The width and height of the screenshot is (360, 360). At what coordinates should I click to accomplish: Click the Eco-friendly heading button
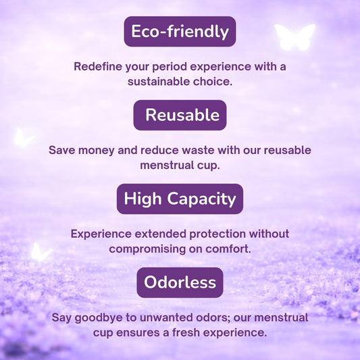point(180,31)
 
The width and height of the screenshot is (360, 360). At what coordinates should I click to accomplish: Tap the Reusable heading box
point(180,115)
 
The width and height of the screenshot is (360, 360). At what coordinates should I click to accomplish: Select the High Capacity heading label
point(180,199)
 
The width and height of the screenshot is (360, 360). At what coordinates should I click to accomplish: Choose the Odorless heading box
point(180,282)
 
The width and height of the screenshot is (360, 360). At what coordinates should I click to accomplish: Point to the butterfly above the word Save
point(23,138)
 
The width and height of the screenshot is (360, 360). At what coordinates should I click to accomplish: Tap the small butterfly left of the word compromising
point(40,252)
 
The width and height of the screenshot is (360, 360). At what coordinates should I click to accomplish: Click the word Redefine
point(99,67)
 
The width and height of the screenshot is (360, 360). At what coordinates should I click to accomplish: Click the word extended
point(159,234)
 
